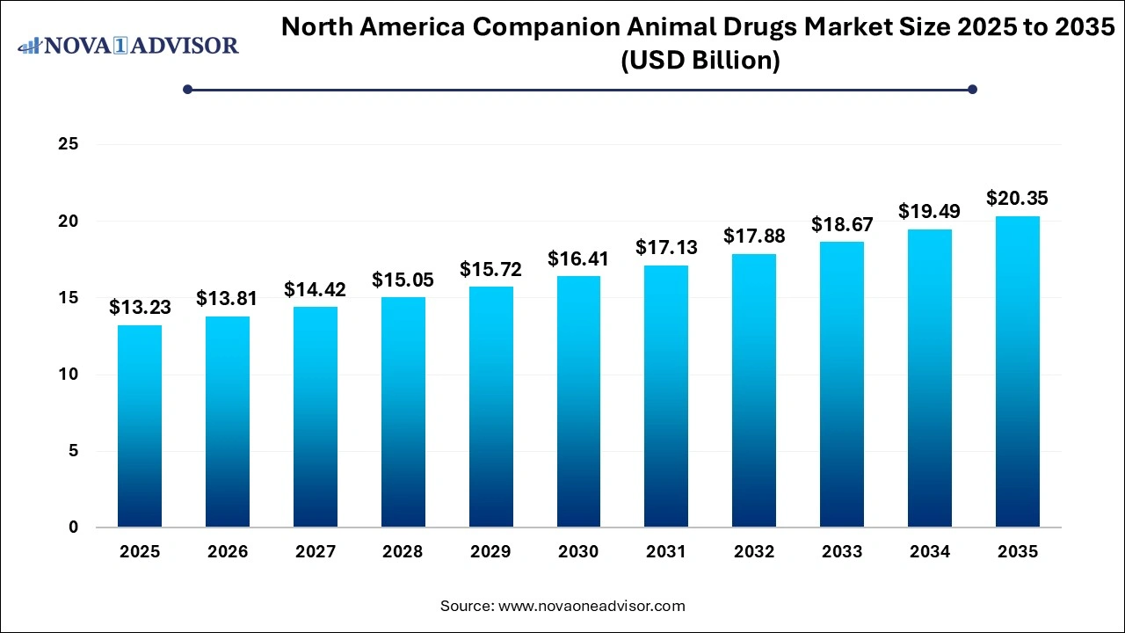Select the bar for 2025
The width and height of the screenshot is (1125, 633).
[140, 426]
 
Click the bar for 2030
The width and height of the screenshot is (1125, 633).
[578, 402]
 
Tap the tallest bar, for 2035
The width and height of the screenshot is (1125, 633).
[1017, 372]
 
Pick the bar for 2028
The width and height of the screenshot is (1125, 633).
[403, 412]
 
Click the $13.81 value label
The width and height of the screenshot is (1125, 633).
[227, 299]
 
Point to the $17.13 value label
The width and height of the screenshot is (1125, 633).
[665, 248]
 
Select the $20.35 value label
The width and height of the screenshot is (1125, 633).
[1017, 198]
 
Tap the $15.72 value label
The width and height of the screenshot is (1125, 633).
[490, 269]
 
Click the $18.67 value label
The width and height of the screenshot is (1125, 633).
[841, 224]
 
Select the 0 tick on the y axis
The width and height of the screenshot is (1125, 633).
[74, 527]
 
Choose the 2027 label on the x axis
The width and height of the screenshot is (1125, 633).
[315, 552]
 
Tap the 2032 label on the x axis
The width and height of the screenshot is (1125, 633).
[753, 552]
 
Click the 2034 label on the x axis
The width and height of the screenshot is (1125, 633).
[929, 552]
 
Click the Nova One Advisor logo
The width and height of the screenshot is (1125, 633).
[128, 45]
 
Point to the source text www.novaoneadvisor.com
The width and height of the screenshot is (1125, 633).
[592, 606]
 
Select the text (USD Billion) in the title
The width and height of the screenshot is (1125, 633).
[700, 62]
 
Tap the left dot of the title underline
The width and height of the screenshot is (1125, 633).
[187, 89]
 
